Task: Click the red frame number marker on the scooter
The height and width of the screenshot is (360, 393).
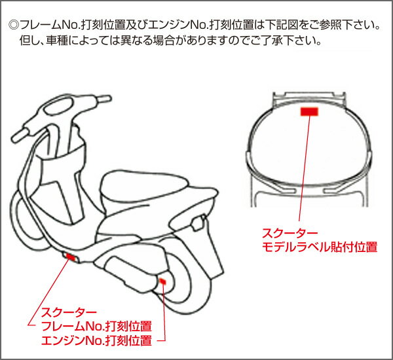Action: pyautogui.click(x=71, y=257)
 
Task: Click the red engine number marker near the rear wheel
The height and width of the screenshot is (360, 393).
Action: pyautogui.click(x=162, y=281)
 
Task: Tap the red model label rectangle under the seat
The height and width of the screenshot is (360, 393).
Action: pyautogui.click(x=309, y=112)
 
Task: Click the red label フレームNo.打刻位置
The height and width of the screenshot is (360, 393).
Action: pyautogui.click(x=96, y=326)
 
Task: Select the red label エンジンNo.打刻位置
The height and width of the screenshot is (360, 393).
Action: pyautogui.click(x=96, y=340)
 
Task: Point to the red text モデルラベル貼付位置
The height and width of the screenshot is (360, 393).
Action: pyautogui.click(x=320, y=247)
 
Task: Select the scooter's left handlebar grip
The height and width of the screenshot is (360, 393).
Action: pyautogui.click(x=21, y=135)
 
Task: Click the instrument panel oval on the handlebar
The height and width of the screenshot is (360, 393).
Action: pyautogui.click(x=58, y=106)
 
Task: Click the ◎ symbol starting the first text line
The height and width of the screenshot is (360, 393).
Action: pyautogui.click(x=14, y=25)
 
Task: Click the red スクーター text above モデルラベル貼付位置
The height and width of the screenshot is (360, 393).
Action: pyautogui.click(x=290, y=233)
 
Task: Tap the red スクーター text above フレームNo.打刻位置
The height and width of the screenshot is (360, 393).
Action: pyautogui.click(x=69, y=312)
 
